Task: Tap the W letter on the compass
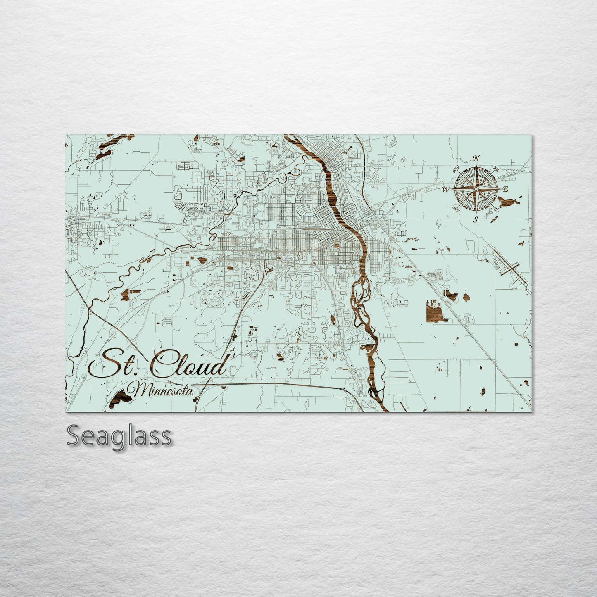(446, 189)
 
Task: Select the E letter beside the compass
(505, 189)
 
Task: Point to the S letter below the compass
(476, 219)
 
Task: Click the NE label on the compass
(496, 169)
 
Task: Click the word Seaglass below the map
(119, 436)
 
